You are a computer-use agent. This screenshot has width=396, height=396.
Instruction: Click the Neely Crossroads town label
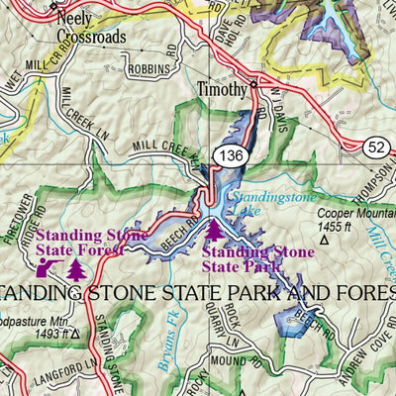(90, 26)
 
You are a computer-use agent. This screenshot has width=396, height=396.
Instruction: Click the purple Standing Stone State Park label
(257, 257)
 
